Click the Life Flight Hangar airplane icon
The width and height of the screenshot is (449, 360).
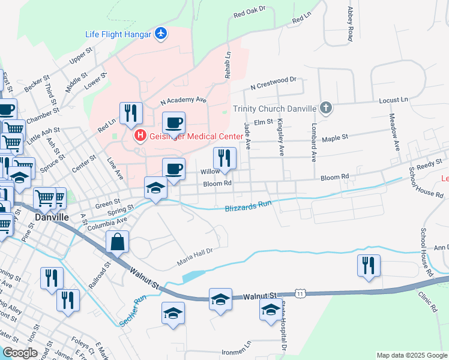161,34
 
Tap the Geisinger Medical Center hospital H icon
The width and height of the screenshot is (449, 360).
140,136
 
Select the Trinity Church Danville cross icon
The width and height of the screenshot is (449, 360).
325,109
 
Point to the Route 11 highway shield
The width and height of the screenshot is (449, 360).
301,293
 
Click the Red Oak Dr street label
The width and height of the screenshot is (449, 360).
249,13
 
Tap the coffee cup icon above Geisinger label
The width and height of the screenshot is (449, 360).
173,122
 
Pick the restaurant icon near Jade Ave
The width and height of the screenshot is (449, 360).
224,158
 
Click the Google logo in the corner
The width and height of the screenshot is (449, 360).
20,352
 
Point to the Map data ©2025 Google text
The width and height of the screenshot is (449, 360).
412,355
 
